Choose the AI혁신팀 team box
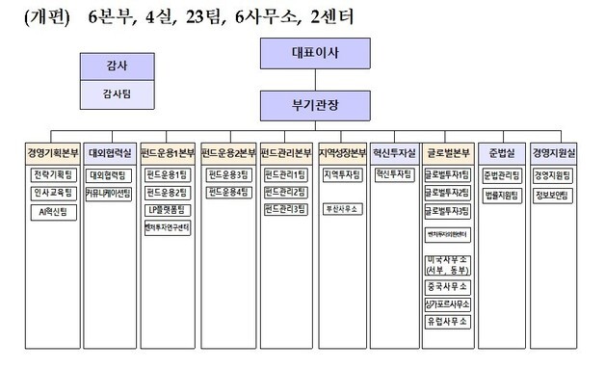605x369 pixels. tap(52, 209)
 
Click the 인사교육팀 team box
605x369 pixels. tap(52, 193)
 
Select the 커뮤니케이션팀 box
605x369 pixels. tap(110, 193)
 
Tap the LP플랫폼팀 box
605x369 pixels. tap(168, 209)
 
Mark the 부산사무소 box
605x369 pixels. tap(342, 209)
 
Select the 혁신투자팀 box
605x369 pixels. tap(395, 175)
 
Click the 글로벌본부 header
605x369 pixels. tap(448, 153)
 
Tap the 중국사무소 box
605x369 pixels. tap(448, 287)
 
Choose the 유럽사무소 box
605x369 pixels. tap(448, 321)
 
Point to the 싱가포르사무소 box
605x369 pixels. tap(448, 304)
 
